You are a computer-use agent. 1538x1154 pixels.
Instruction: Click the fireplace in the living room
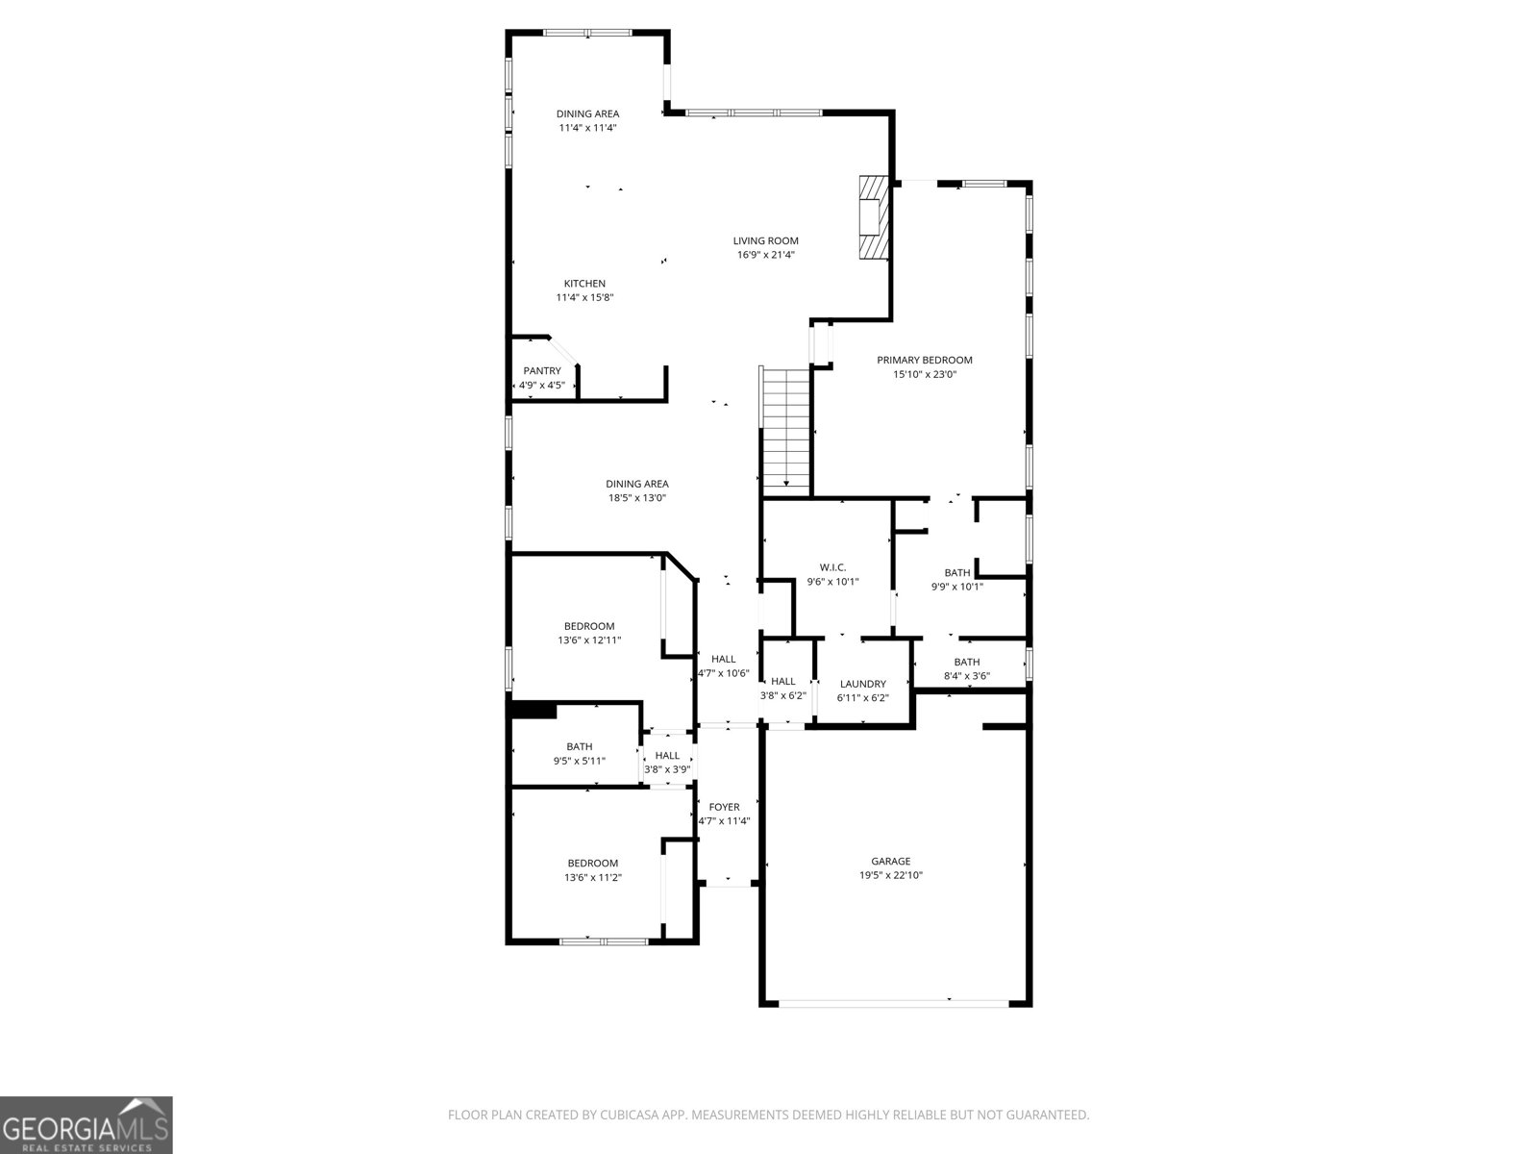click(874, 217)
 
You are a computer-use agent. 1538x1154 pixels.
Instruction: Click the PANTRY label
click(542, 370)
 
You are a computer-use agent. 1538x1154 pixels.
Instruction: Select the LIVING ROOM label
click(766, 240)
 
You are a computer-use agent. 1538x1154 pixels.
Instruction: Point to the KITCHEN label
click(584, 283)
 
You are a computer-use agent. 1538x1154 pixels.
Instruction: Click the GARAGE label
click(890, 861)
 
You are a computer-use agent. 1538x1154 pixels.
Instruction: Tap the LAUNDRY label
click(862, 684)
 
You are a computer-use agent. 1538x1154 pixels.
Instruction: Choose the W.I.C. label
click(832, 567)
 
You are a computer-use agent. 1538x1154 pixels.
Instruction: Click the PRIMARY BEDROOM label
click(924, 360)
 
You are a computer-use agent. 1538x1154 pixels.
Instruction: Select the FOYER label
click(724, 807)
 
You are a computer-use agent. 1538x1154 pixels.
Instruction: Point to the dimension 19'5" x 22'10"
click(890, 875)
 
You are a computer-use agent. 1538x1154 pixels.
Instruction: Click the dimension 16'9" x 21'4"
click(766, 254)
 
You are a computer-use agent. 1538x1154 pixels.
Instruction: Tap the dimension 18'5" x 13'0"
click(637, 498)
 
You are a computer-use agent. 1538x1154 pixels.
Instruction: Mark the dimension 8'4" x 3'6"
click(967, 676)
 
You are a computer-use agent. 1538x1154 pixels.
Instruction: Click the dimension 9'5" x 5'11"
click(580, 761)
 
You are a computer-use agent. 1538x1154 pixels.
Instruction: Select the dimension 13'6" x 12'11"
click(589, 640)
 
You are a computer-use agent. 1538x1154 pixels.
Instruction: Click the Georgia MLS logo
click(87, 1125)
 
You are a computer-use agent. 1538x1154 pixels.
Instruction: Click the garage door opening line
click(894, 1004)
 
